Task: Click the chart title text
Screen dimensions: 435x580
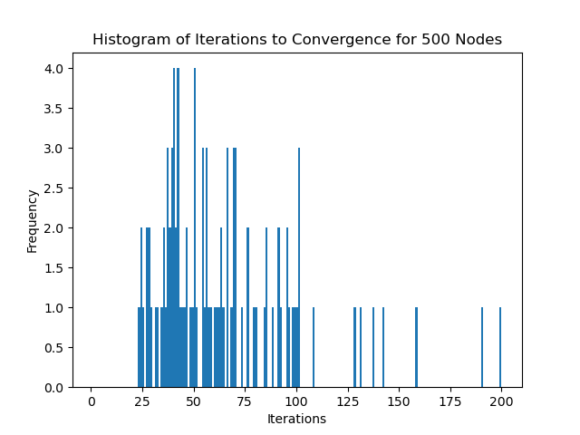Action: (x=296, y=39)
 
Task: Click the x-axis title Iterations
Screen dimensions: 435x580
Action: (x=296, y=419)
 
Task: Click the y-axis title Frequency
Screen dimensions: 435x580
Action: (x=33, y=220)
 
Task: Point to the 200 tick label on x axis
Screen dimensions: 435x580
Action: (x=501, y=401)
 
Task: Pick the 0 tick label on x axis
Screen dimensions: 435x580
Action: (x=91, y=401)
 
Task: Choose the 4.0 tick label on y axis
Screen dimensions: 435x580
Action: (x=53, y=69)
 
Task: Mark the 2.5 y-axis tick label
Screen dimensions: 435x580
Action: (x=53, y=188)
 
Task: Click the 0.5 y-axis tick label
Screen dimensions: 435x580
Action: (x=53, y=348)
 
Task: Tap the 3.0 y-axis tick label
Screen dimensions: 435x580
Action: (x=53, y=149)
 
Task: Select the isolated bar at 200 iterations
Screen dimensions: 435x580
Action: (x=500, y=348)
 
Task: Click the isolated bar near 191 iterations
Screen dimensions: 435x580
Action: (x=482, y=348)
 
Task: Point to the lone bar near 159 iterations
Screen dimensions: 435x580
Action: (x=417, y=348)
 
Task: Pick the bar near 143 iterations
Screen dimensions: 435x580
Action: (x=383, y=348)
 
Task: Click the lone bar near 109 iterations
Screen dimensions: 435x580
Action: (x=314, y=348)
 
